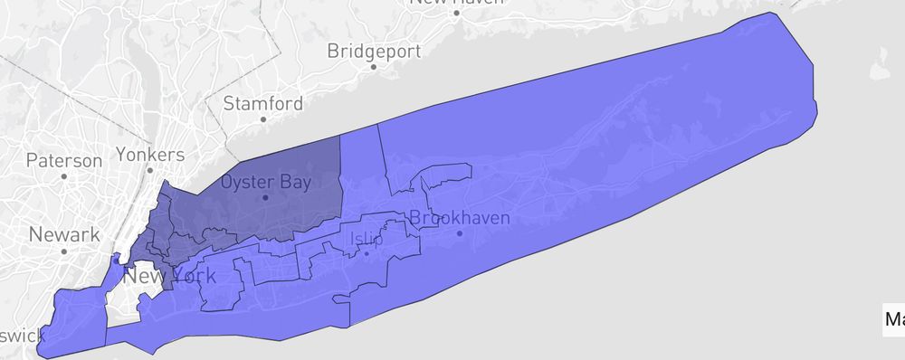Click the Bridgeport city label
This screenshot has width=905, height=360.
370,48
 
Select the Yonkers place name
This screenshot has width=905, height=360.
150,154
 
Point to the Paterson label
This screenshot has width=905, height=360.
64,161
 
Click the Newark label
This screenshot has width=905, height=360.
64,235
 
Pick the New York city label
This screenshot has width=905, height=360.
170,275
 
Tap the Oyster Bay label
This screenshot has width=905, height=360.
266,182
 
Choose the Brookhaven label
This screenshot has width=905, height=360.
460,217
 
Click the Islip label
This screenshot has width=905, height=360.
366,240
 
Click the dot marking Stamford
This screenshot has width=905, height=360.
262,118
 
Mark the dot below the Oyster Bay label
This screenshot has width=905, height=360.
265,197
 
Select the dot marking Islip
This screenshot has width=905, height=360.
366,253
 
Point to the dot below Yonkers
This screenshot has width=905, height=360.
150,169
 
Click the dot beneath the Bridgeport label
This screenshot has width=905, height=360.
370,65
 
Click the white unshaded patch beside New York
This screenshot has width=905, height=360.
127,298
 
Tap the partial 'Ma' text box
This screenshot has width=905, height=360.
894,319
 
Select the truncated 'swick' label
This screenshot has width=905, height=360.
21,336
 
